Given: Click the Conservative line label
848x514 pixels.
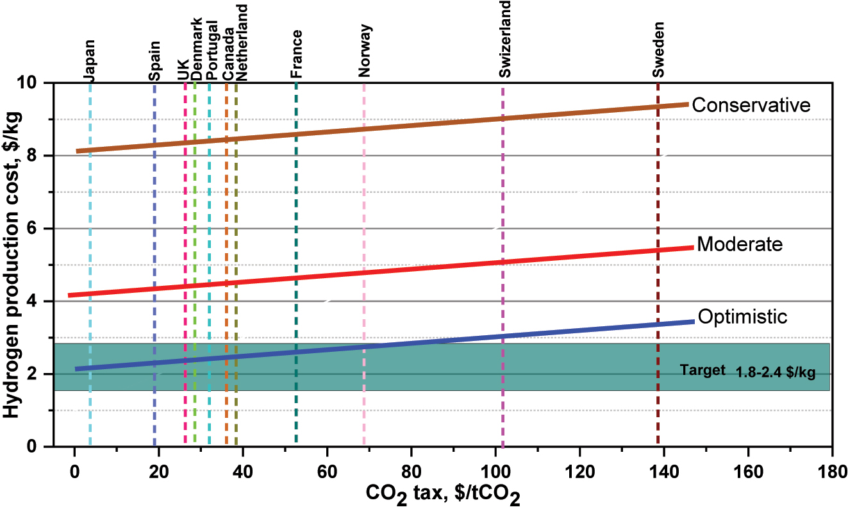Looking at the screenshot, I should coord(751,105).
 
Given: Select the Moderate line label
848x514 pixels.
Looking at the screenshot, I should coord(740,244).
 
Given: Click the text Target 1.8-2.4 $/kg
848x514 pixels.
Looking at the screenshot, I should coord(747,370).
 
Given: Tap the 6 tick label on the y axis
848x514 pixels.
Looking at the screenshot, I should coord(39,229).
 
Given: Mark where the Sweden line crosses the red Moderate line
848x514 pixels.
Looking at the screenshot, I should coord(658,251).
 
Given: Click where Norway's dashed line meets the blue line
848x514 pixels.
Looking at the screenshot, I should coord(364,347).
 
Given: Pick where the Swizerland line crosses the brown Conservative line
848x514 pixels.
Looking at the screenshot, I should coord(503,119).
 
